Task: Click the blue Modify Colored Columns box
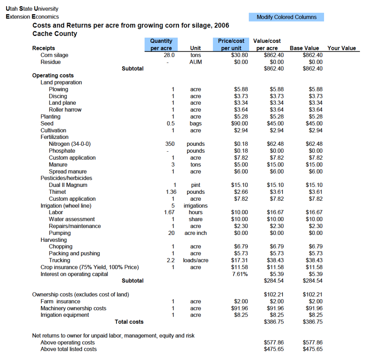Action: point(286,17)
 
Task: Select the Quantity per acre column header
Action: point(161,44)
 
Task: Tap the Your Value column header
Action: point(341,48)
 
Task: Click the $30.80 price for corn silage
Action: point(239,55)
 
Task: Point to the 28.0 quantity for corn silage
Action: point(169,55)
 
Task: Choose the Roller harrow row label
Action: point(65,109)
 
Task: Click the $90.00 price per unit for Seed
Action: point(239,123)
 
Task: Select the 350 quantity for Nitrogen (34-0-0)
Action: point(170,144)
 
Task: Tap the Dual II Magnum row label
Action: point(68,185)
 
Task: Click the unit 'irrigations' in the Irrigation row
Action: point(195,205)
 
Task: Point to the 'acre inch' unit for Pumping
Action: point(195,233)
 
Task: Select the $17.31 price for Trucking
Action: point(239,260)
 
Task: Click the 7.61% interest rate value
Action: point(240,274)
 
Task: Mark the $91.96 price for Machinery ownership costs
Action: point(239,308)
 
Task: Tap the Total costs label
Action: point(129,321)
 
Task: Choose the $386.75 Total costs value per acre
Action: point(274,321)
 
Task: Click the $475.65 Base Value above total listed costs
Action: point(312,349)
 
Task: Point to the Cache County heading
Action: point(55,34)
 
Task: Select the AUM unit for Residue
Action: point(195,62)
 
